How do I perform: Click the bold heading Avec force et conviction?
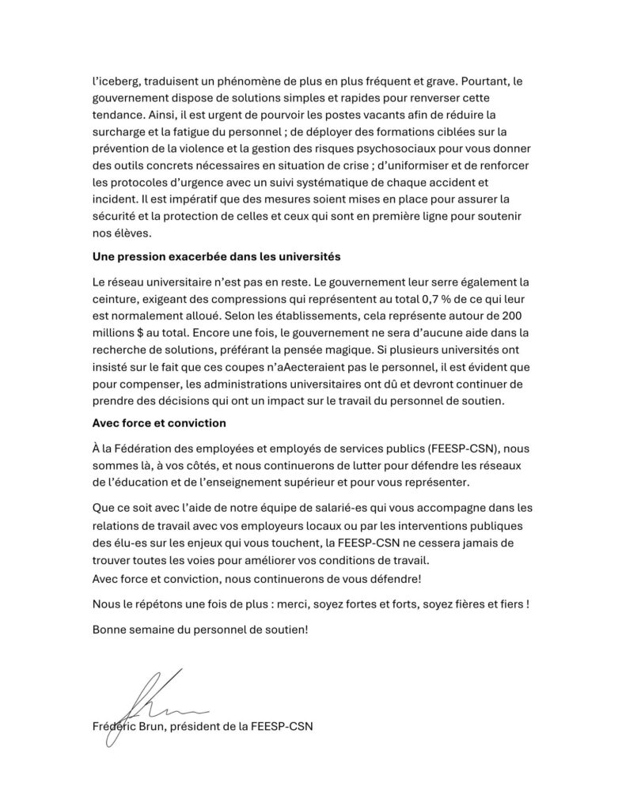coord(159,422)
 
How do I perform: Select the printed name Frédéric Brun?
coord(131,726)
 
